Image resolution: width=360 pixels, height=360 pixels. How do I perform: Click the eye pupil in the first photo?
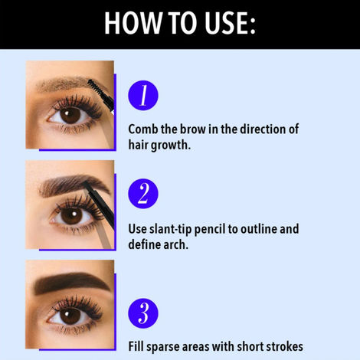(70, 116)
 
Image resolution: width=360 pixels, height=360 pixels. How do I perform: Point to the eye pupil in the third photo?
(70, 315)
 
